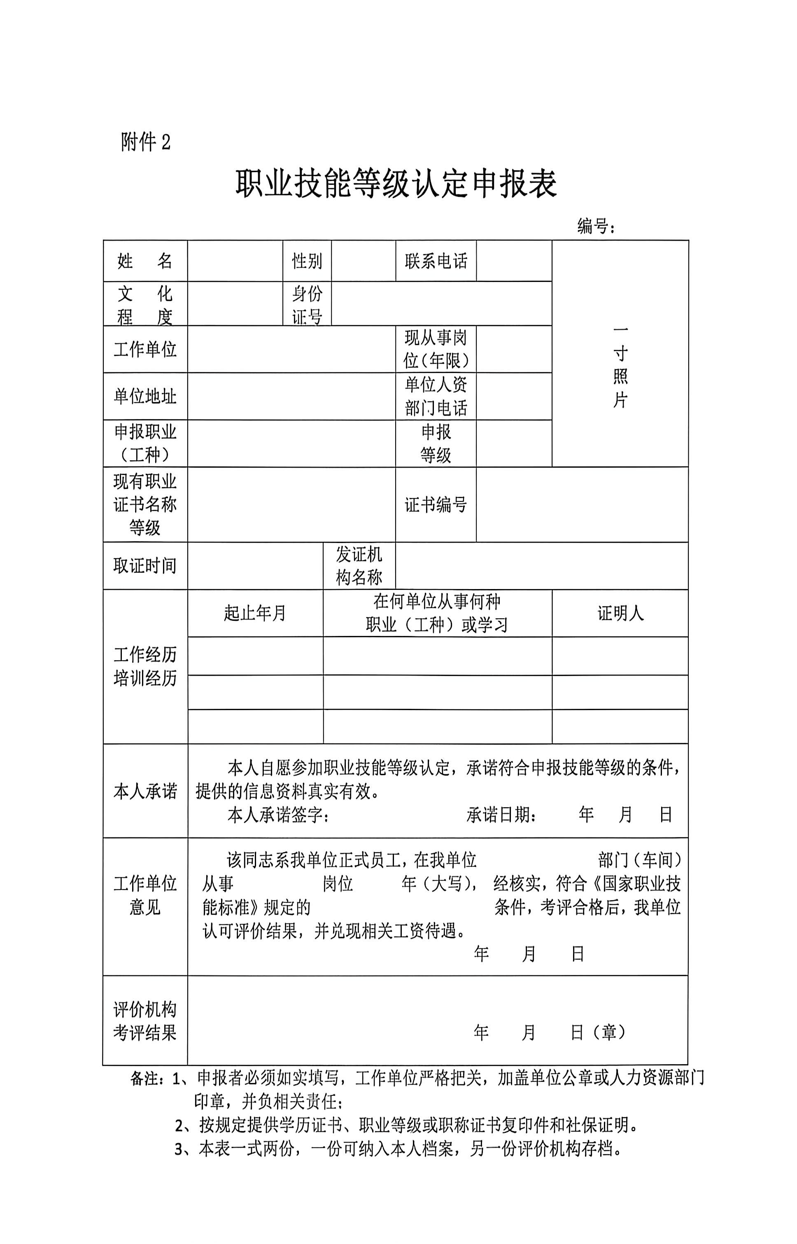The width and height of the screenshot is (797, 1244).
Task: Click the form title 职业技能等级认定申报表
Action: coord(396,184)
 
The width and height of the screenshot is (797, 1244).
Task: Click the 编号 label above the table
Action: coord(595,226)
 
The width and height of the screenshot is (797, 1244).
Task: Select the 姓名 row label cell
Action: coord(145,261)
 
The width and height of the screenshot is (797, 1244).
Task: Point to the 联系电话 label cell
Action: coord(436,261)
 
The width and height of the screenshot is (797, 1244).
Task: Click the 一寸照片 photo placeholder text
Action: coord(620,366)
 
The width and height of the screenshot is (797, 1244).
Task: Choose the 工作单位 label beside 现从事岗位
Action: coord(145,349)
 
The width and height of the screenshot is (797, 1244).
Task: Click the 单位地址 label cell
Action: coord(145,396)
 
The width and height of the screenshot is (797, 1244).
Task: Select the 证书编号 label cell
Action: coord(436,505)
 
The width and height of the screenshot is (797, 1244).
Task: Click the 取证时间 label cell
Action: coord(145,566)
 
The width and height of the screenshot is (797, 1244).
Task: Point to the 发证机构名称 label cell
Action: coord(359,566)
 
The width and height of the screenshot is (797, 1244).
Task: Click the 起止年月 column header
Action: coord(255,613)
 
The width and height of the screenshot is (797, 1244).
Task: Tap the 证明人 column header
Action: coord(620,613)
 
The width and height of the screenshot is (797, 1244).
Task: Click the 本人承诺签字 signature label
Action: coord(278,815)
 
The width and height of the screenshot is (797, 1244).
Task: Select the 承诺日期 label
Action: coord(501,815)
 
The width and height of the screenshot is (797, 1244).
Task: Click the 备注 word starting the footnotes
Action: coord(145,1079)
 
